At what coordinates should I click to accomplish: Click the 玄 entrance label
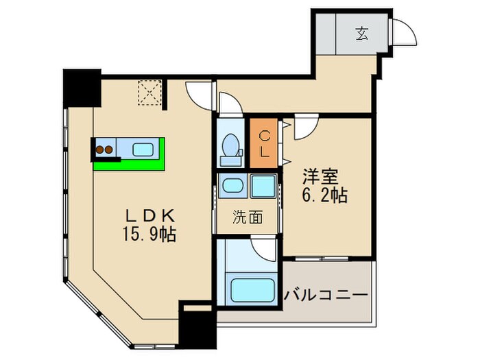(x=361, y=32)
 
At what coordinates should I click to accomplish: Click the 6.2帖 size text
(x=326, y=195)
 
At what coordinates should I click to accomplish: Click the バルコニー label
(x=326, y=296)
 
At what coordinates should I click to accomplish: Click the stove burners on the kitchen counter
(x=104, y=149)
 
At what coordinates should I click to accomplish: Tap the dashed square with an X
(x=149, y=93)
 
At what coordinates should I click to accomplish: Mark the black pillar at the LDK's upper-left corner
(x=81, y=86)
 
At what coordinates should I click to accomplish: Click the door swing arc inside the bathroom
(x=265, y=248)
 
